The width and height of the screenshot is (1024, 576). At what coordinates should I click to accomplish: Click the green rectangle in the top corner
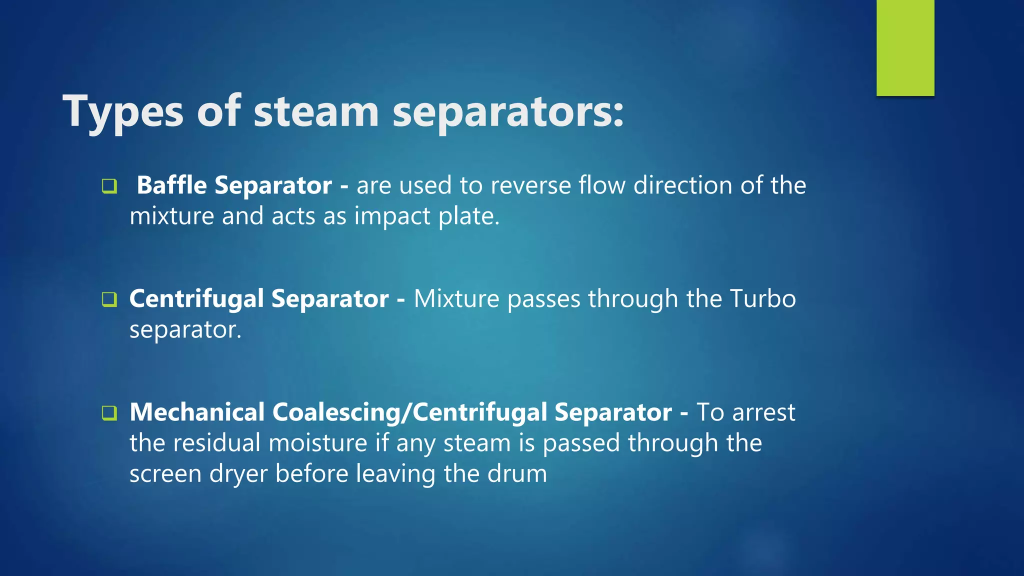905,47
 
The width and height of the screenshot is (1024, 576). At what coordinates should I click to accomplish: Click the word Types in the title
123,112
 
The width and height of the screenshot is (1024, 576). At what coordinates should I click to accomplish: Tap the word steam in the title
316,112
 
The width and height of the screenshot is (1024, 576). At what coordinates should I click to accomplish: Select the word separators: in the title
508,112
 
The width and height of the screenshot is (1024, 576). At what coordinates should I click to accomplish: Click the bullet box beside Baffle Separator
109,186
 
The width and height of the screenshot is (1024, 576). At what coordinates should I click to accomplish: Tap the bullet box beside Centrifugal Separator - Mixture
109,299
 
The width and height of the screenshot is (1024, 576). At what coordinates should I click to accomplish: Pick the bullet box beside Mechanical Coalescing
109,413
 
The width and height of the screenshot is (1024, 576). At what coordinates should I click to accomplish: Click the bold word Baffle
171,185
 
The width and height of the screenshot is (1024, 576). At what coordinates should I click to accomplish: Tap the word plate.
468,216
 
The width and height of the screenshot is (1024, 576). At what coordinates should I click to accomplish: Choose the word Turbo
762,298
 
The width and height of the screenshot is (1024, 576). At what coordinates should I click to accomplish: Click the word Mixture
456,298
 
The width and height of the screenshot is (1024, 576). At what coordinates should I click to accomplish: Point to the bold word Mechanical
197,412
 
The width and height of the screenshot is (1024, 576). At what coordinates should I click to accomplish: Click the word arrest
763,412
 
